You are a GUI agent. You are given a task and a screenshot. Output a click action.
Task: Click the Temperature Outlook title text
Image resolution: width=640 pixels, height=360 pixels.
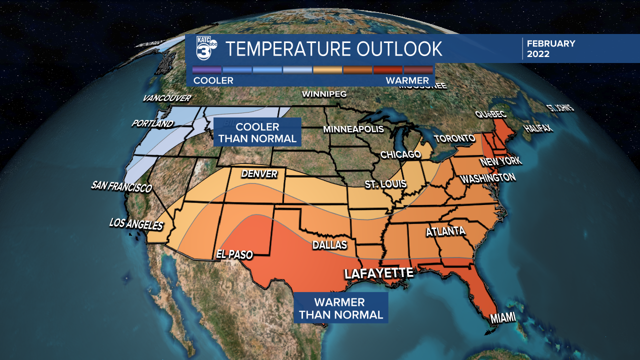333,49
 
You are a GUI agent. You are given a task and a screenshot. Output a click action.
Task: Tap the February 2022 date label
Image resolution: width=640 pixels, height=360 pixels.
551,48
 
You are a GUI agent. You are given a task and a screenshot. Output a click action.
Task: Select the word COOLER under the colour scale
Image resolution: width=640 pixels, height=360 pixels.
213,80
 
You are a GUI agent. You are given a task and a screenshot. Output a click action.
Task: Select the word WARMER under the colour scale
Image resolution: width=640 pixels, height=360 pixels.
407,80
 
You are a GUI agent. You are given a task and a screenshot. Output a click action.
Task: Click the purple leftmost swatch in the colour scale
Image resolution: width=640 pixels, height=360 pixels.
207,69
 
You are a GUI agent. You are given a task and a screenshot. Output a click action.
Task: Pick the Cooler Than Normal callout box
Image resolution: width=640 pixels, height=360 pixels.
257,132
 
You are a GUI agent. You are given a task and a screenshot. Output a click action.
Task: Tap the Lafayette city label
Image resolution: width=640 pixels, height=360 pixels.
378,273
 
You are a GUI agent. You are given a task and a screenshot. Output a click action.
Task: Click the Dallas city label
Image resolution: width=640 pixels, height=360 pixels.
329,245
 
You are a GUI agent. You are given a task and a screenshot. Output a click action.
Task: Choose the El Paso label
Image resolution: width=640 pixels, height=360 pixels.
234,254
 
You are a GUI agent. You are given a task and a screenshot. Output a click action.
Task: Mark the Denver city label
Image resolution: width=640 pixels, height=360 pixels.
259,174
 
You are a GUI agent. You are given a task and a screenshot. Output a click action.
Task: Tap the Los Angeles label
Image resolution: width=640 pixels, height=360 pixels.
136,224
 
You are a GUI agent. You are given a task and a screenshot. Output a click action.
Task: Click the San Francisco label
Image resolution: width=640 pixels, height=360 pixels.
121,186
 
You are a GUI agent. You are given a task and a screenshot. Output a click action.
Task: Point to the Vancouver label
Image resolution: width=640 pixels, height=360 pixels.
167,98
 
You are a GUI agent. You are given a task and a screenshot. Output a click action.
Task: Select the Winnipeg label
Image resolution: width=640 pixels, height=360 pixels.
324,94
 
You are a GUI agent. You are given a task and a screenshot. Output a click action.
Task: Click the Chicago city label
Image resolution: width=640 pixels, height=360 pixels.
400,154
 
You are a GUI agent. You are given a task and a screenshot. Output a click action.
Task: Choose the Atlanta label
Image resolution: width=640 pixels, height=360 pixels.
445,231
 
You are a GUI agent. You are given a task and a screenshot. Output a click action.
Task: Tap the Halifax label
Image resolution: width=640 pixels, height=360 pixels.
538,128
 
